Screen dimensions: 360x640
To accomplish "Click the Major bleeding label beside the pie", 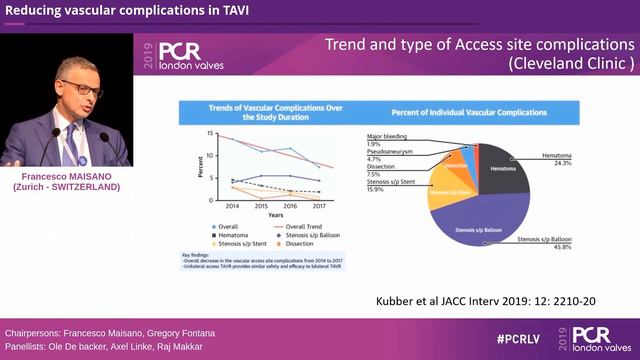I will tap(388, 136).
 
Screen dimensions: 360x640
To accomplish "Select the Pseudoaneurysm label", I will tap(391, 151).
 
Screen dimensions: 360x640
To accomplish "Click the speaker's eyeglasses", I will tap(80, 87).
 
